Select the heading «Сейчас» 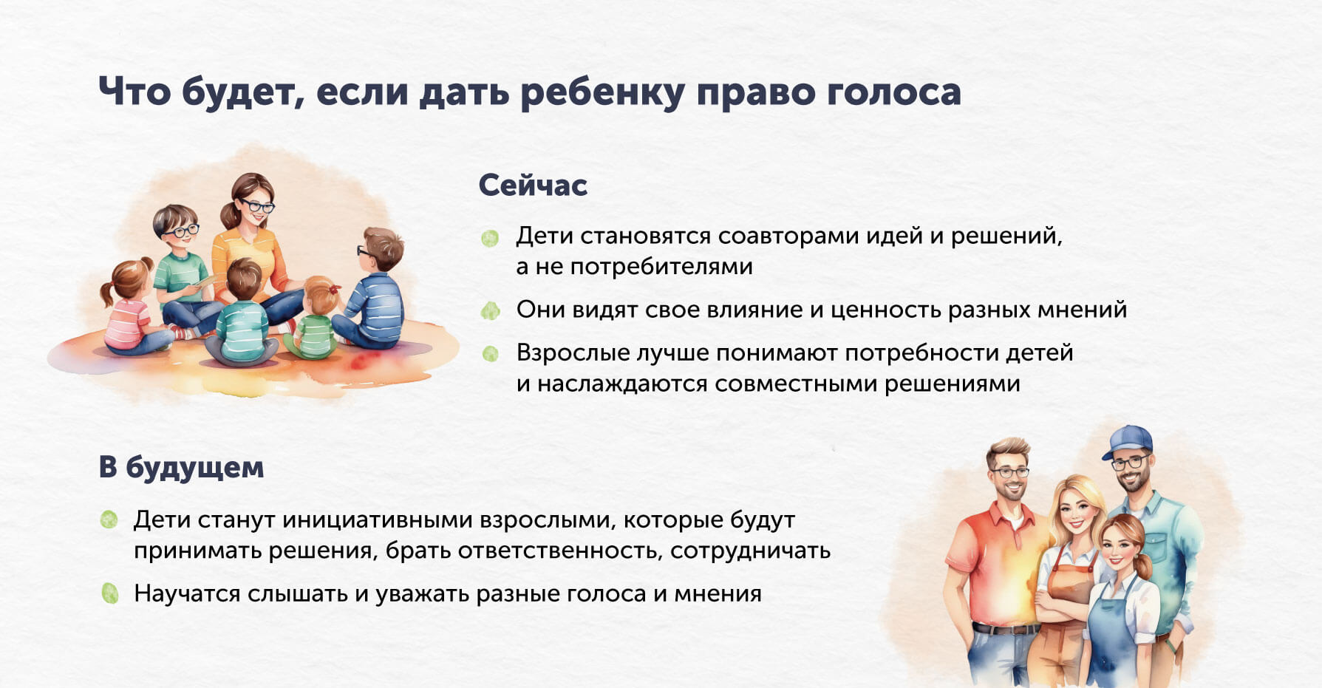(x=533, y=185)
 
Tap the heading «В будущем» (x=181, y=468)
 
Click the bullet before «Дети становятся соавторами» (x=490, y=238)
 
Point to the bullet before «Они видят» (x=490, y=310)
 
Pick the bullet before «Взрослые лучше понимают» (x=490, y=354)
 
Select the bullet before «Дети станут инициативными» (x=109, y=520)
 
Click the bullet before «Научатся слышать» (x=109, y=593)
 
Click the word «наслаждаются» (x=622, y=384)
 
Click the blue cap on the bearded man (x=1128, y=442)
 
